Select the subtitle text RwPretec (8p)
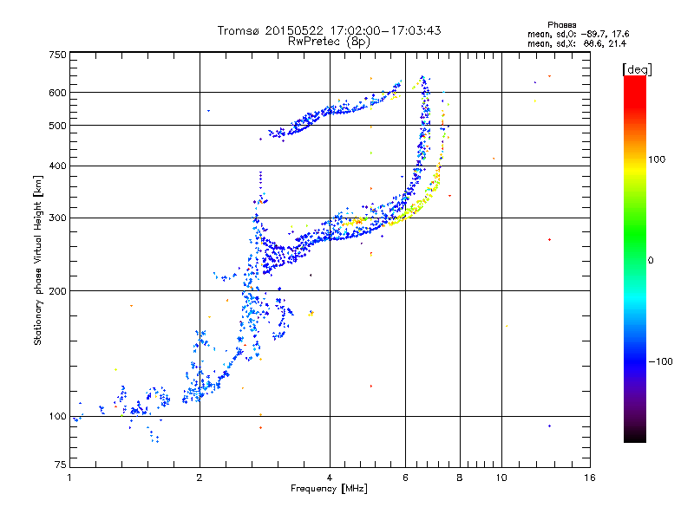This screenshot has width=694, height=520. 329,42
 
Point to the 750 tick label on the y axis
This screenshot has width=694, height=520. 58,55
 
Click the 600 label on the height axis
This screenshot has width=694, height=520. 58,93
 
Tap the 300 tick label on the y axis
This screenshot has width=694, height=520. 58,218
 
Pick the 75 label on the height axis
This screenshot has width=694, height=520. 61,465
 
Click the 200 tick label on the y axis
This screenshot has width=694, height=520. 58,291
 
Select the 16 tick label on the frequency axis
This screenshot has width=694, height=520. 590,478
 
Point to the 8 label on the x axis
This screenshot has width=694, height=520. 460,478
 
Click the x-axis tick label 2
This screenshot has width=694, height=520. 200,478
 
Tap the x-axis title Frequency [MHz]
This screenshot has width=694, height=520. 329,489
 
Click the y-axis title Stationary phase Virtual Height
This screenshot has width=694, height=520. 38,261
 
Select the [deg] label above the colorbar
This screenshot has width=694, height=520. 637,69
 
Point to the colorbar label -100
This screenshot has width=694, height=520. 661,361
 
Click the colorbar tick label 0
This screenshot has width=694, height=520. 651,261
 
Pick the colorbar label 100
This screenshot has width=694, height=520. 657,159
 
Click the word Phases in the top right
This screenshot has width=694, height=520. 561,25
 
